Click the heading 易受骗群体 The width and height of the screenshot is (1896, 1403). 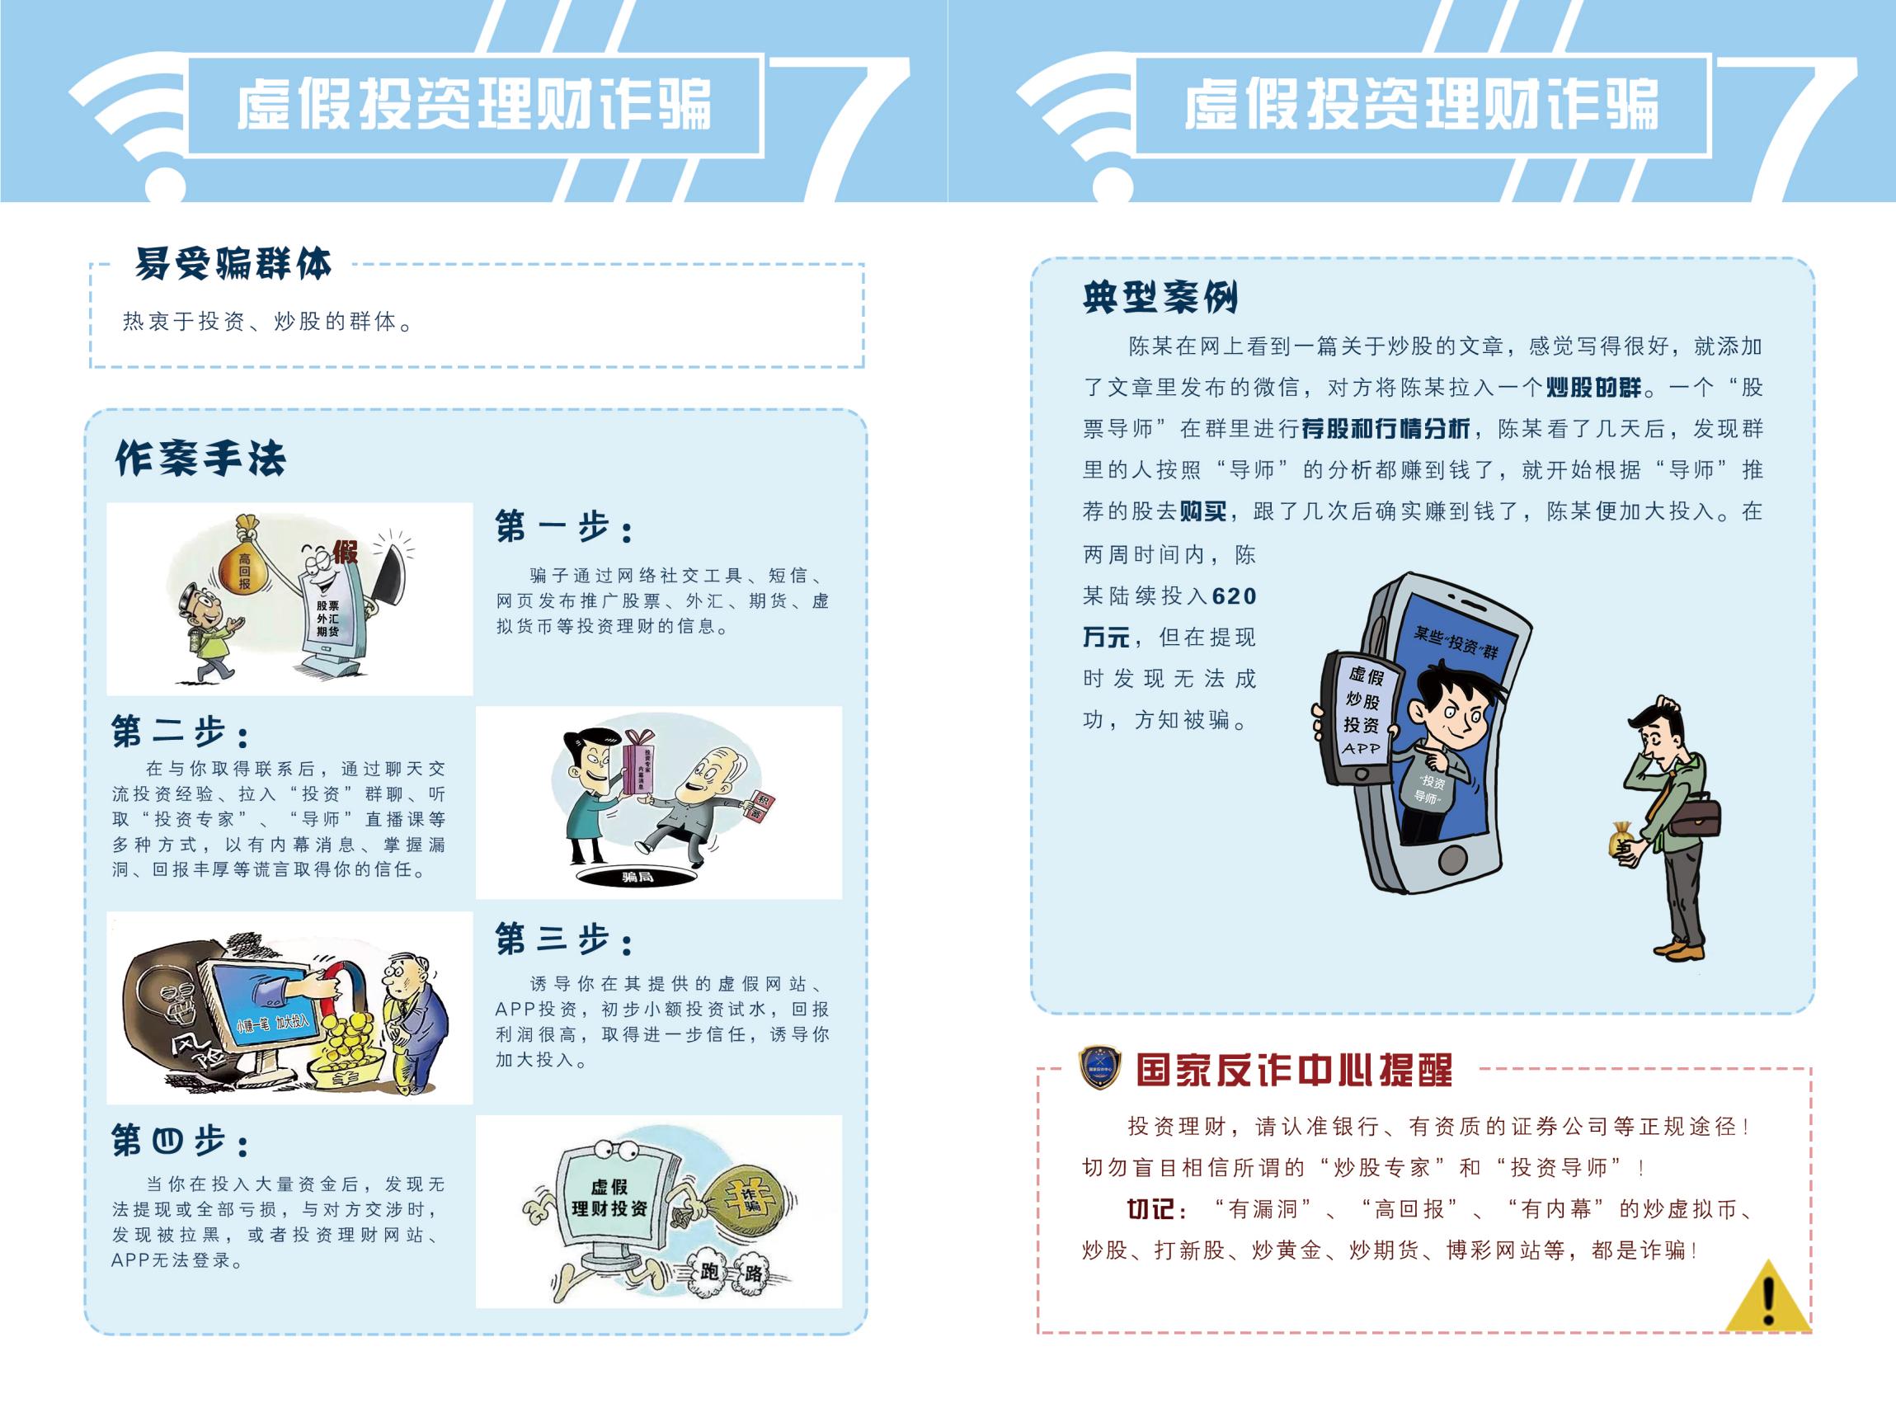tap(233, 264)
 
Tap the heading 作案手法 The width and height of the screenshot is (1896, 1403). tap(200, 459)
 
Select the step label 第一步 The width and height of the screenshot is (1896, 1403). tap(564, 527)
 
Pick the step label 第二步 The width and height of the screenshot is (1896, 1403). tap(180, 732)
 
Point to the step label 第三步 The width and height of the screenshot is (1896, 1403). tap(564, 939)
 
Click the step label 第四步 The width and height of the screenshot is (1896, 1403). tap(180, 1141)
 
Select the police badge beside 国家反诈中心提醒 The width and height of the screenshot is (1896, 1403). tap(1099, 1068)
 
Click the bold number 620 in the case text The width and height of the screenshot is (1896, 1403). tap(1234, 596)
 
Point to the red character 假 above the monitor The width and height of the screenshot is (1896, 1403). tap(346, 552)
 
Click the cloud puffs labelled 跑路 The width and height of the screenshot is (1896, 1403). tap(730, 1270)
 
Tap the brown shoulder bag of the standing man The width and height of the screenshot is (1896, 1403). tap(1696, 818)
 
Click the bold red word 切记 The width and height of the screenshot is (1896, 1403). tap(1151, 1208)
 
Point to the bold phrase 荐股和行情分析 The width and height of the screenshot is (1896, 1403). tap(1385, 429)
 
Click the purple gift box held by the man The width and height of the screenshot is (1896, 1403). tap(639, 762)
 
